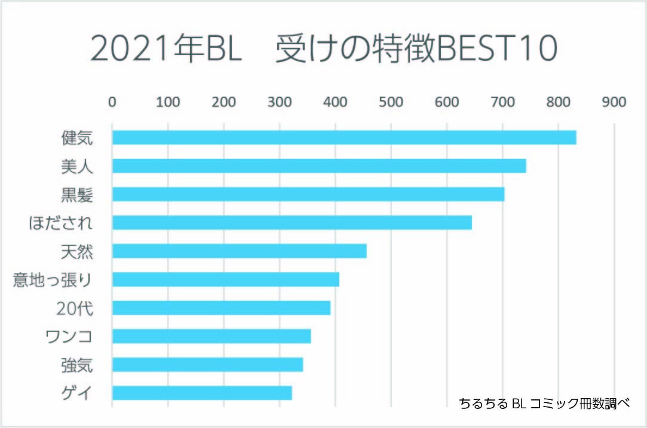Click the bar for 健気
[x=344, y=137]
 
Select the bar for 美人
[x=318, y=166]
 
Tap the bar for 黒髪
[x=308, y=194]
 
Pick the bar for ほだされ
[x=292, y=223]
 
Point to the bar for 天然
[x=239, y=251]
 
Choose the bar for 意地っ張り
[x=225, y=279]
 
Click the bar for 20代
[x=221, y=307]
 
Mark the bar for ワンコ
[x=211, y=336]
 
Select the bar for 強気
[x=207, y=364]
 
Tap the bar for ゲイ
[x=202, y=393]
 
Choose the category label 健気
[x=77, y=138]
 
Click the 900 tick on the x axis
[x=614, y=102]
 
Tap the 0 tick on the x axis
[x=112, y=102]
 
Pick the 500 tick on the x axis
[x=391, y=102]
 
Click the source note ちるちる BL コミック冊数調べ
[x=544, y=403]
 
